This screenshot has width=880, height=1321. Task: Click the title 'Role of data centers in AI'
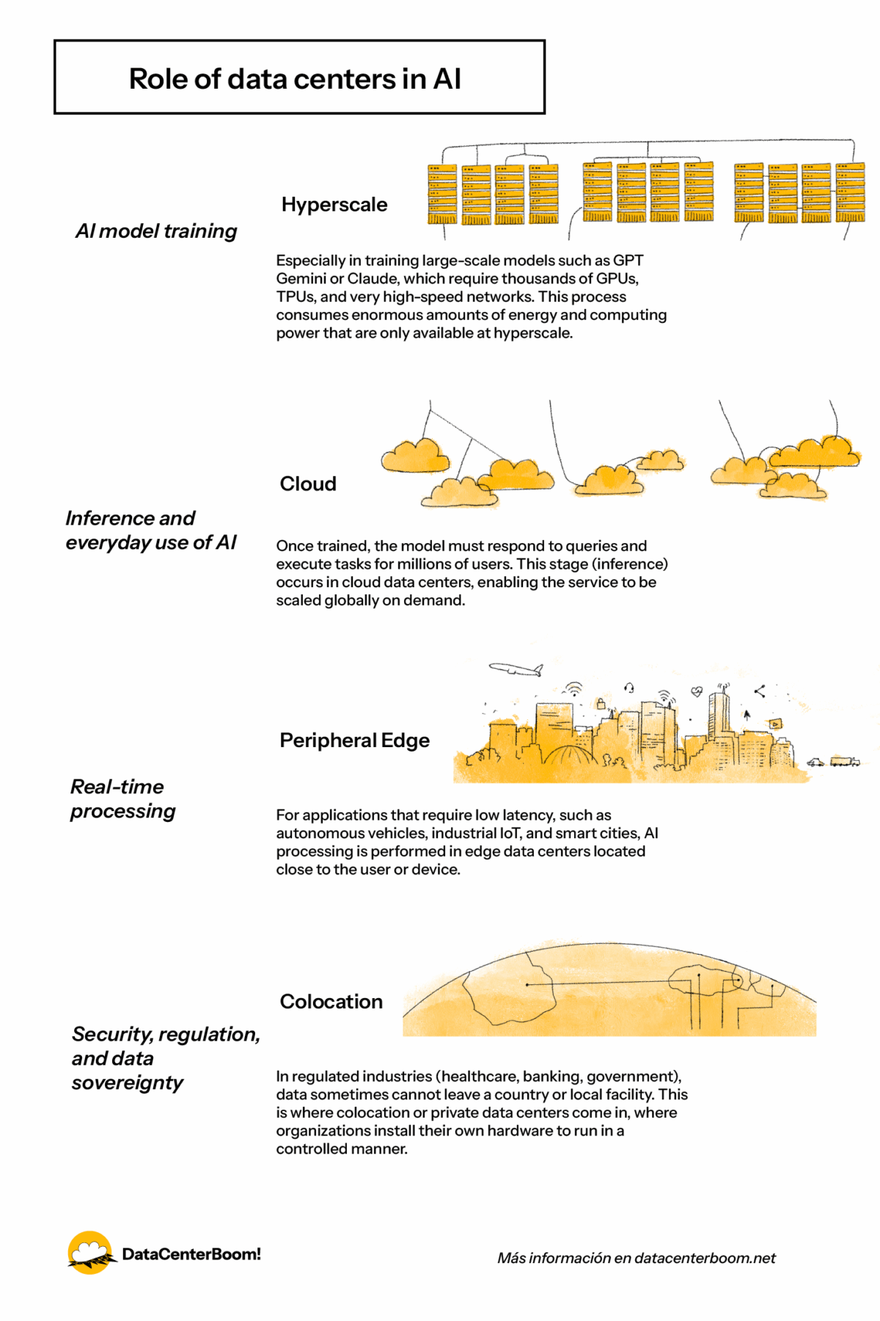click(295, 79)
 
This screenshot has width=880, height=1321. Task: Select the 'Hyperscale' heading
click(334, 204)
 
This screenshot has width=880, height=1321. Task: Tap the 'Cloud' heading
click(308, 484)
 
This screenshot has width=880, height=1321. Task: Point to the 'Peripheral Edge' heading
click(354, 740)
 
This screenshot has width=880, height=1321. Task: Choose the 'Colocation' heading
click(331, 1001)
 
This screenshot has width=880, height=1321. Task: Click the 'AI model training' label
click(156, 230)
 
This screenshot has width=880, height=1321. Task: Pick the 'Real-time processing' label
click(122, 798)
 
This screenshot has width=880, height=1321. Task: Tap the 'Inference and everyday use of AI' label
click(151, 530)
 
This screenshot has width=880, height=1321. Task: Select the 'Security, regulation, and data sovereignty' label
click(165, 1058)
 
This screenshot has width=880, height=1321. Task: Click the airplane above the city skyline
click(516, 669)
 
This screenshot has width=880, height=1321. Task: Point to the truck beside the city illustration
click(844, 761)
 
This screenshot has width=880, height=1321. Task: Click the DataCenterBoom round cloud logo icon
click(89, 1253)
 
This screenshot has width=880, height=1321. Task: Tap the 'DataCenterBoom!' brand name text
click(191, 1253)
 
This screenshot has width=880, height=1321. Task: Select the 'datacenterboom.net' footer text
click(705, 1258)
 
